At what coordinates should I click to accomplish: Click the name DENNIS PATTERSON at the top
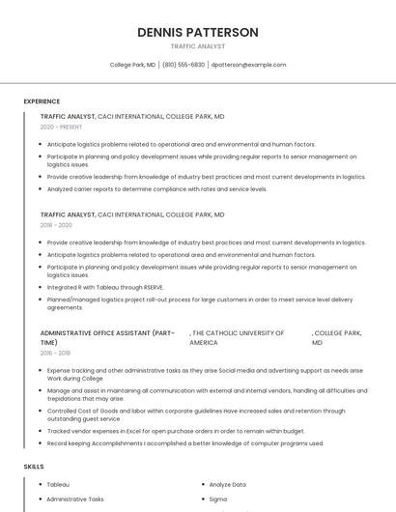[x=197, y=32]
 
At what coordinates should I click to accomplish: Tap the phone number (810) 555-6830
[x=184, y=65]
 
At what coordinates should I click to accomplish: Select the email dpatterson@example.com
[x=248, y=65]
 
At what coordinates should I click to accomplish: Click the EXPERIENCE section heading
[x=42, y=101]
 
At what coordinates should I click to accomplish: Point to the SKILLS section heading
[x=34, y=467]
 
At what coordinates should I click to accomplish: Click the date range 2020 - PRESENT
[x=61, y=127]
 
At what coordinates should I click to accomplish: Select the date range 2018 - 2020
[x=56, y=225]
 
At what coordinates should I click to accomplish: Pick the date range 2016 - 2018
[x=55, y=353]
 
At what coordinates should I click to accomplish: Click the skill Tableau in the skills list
[x=58, y=484]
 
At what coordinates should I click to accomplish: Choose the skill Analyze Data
[x=228, y=484]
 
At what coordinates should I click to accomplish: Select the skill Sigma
[x=218, y=499]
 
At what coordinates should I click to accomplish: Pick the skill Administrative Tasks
[x=75, y=499]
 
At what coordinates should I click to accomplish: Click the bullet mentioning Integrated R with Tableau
[x=105, y=287]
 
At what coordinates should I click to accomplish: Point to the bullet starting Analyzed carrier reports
[x=156, y=189]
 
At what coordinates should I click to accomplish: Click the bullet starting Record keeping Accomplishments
[x=184, y=443]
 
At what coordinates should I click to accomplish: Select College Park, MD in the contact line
[x=132, y=65]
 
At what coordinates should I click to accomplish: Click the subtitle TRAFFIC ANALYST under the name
[x=197, y=46]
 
